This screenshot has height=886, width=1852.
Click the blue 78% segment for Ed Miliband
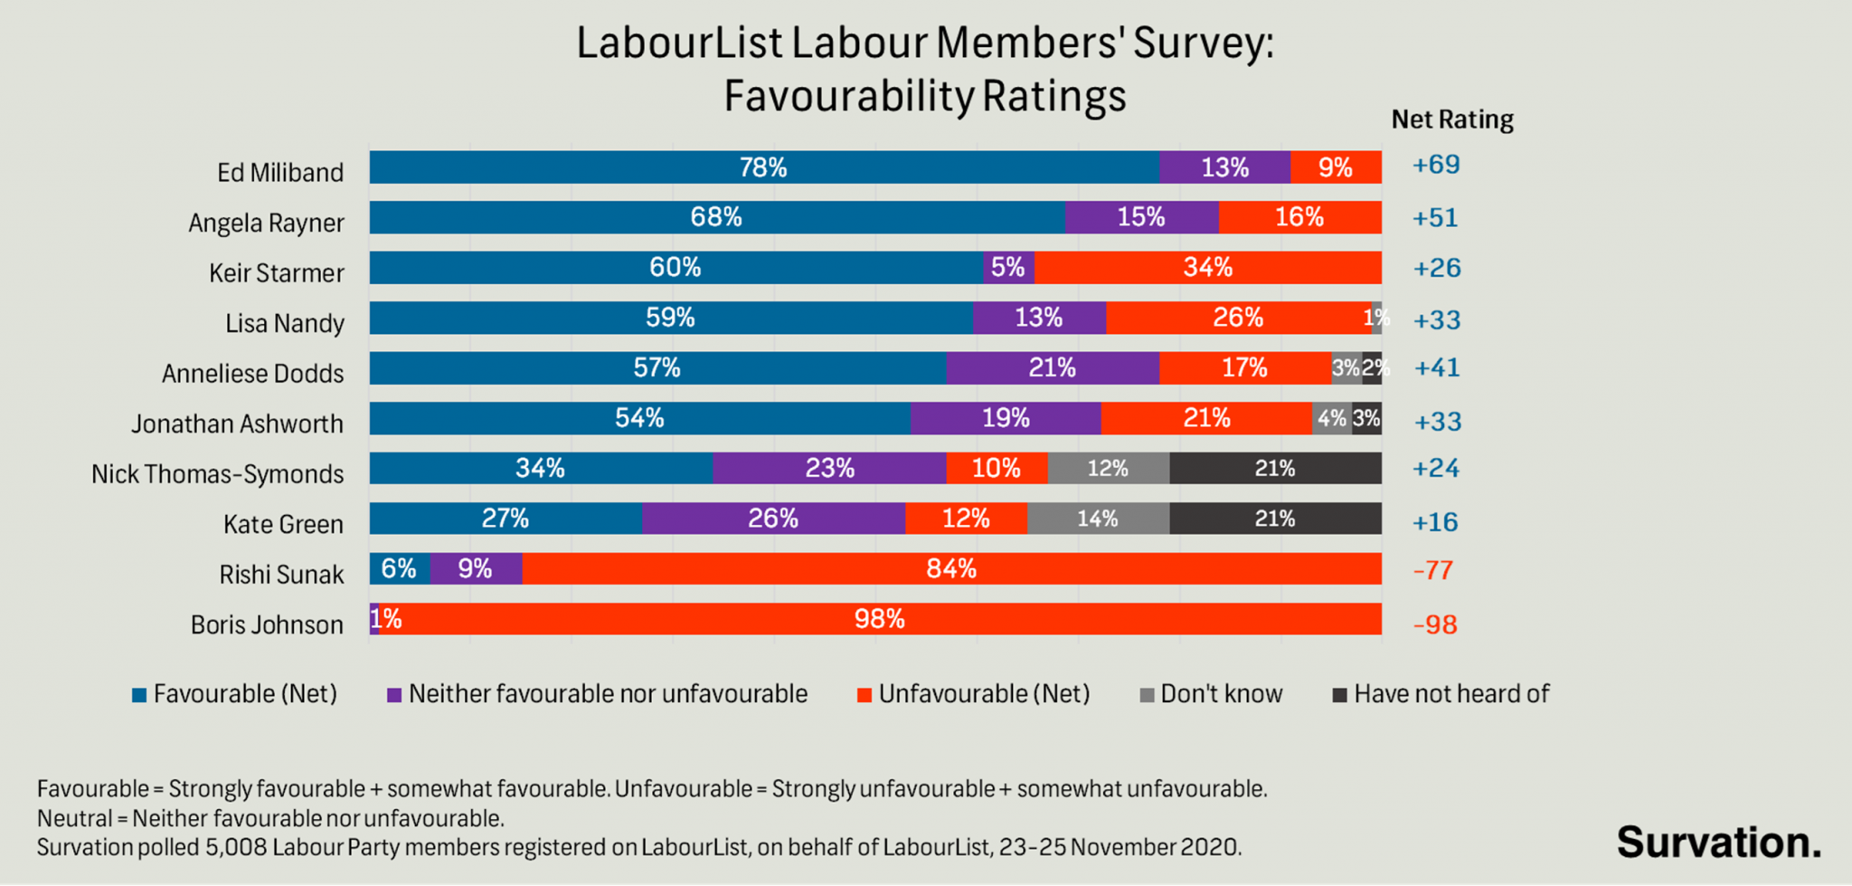pyautogui.click(x=764, y=167)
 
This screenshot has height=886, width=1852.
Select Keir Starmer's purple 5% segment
pyautogui.click(x=1008, y=268)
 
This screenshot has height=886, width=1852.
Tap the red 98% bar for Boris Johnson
pyautogui.click(x=879, y=619)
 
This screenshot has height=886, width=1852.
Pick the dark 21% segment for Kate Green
pyautogui.click(x=1275, y=519)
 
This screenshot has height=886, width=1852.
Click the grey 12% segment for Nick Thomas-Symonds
pyautogui.click(x=1108, y=469)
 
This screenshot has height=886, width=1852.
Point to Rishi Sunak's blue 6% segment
pyautogui.click(x=399, y=568)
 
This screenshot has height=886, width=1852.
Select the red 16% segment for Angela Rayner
pyautogui.click(x=1299, y=217)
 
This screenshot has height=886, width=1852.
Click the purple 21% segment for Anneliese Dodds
pyautogui.click(x=1052, y=368)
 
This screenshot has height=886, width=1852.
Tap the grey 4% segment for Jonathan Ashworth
pyautogui.click(x=1331, y=418)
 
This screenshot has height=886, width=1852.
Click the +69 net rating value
pyautogui.click(x=1436, y=165)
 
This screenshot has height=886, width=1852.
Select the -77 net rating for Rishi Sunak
pyautogui.click(x=1433, y=570)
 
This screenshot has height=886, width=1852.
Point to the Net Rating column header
pyautogui.click(x=1451, y=119)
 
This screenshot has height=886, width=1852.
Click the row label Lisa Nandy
pyautogui.click(x=284, y=323)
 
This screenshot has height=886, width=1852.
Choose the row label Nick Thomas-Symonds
pyautogui.click(x=217, y=474)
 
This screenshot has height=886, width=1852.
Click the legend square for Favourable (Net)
pyautogui.click(x=139, y=695)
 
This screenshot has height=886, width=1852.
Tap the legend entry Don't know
pyautogui.click(x=1221, y=694)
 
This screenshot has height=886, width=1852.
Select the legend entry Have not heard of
pyautogui.click(x=1450, y=694)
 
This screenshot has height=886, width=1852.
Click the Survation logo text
pyautogui.click(x=1718, y=842)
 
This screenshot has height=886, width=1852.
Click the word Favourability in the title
pyautogui.click(x=848, y=96)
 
